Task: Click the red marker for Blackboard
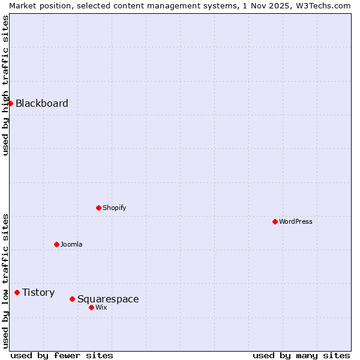pyautogui.click(x=10, y=103)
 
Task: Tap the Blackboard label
pyautogui.click(x=42, y=103)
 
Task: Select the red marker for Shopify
pyautogui.click(x=98, y=208)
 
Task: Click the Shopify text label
pyautogui.click(x=115, y=208)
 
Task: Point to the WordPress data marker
pyautogui.click(x=275, y=221)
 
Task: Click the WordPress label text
pyautogui.click(x=296, y=221)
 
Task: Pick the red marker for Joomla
pyautogui.click(x=56, y=244)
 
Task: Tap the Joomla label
pyautogui.click(x=71, y=244)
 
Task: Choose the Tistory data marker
pyautogui.click(x=17, y=292)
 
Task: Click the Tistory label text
pyautogui.click(x=38, y=292)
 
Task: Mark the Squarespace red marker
pyautogui.click(x=72, y=299)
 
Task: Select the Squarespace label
pyautogui.click(x=108, y=299)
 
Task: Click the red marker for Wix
pyautogui.click(x=91, y=307)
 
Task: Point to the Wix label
pyautogui.click(x=101, y=307)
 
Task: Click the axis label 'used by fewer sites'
pyautogui.click(x=62, y=355)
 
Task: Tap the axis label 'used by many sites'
pyautogui.click(x=301, y=355)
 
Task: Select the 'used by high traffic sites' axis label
pyautogui.click(x=5, y=85)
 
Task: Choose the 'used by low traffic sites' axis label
pyautogui.click(x=5, y=280)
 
